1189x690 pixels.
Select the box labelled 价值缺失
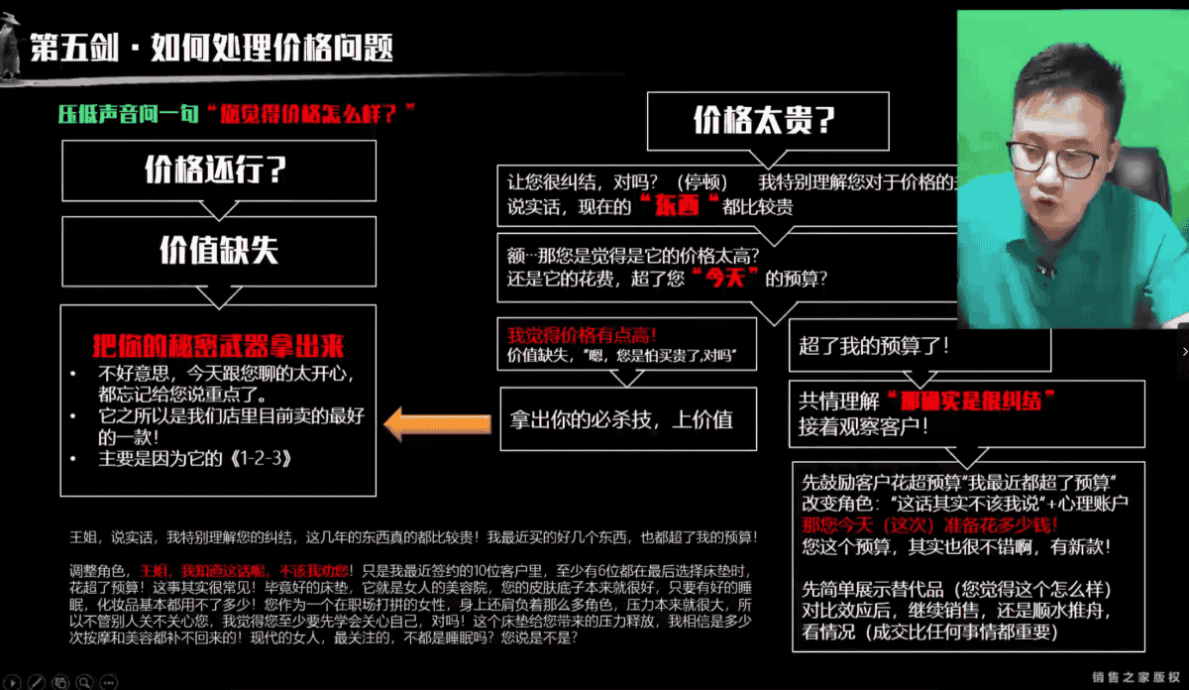tap(218, 251)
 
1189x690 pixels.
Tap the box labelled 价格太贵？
tap(764, 121)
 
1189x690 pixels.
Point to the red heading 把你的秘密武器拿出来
tap(217, 347)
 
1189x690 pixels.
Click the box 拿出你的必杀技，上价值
tap(621, 418)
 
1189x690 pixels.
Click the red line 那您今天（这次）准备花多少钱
tap(931, 524)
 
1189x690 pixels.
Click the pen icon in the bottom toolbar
tap(36, 681)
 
